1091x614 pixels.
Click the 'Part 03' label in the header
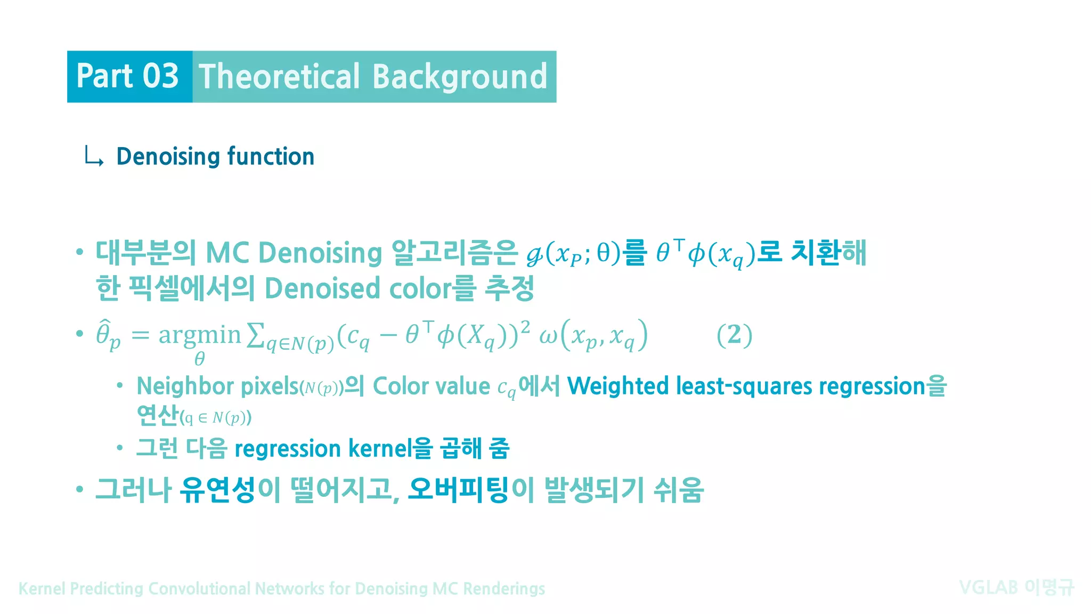click(x=127, y=76)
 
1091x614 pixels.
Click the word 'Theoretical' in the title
click(x=279, y=76)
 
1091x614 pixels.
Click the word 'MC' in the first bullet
click(x=227, y=253)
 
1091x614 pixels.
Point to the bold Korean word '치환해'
click(x=828, y=253)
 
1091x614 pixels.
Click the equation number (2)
click(x=734, y=335)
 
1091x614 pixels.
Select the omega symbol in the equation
click(x=548, y=336)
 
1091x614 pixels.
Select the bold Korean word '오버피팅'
click(x=458, y=490)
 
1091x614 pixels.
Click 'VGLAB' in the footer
click(x=988, y=588)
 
